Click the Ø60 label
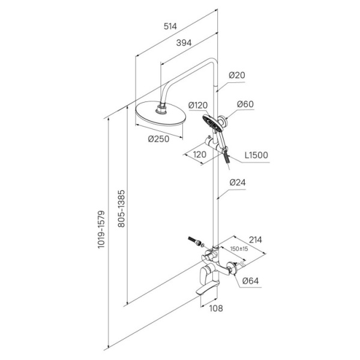click(245, 105)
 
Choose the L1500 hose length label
click(256, 155)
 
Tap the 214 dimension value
click(256, 240)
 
